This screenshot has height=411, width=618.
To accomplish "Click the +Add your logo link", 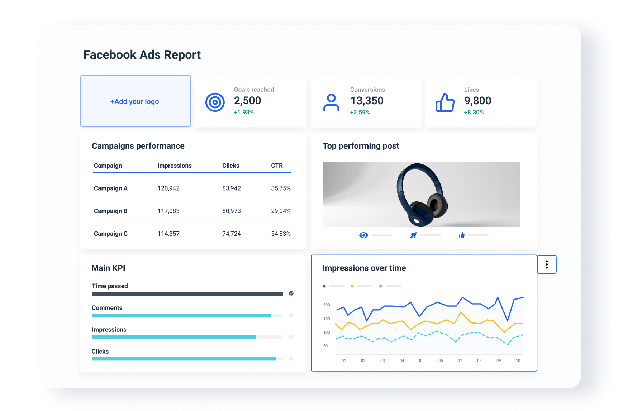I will [x=135, y=101].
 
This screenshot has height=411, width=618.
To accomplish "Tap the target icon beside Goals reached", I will [x=215, y=102].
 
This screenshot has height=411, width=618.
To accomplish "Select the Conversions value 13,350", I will [x=367, y=101].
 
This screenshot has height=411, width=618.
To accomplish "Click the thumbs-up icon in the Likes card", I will [x=445, y=102].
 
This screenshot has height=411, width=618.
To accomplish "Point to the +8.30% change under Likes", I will [x=474, y=112].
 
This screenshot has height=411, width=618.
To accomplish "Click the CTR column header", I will [x=277, y=166].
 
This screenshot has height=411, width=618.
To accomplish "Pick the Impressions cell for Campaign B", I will [x=168, y=211].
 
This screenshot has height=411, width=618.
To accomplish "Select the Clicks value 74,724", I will [x=232, y=234].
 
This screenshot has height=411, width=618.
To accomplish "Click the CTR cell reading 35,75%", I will [x=281, y=188].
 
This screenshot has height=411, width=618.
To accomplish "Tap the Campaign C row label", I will [x=110, y=234].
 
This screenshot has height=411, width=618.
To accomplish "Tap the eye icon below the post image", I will [x=363, y=235].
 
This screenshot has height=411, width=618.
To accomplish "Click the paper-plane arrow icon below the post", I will [x=413, y=235].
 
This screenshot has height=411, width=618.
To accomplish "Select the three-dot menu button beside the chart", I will [x=546, y=264].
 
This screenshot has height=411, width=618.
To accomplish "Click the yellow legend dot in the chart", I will [x=352, y=286].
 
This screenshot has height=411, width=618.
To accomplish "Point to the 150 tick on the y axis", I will [x=326, y=319].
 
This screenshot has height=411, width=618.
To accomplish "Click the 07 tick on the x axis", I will [x=460, y=360].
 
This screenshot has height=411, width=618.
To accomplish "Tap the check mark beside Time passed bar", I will [x=291, y=293].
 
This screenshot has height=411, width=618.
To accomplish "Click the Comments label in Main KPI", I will [x=107, y=308].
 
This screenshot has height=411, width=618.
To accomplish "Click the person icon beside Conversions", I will [x=331, y=102].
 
